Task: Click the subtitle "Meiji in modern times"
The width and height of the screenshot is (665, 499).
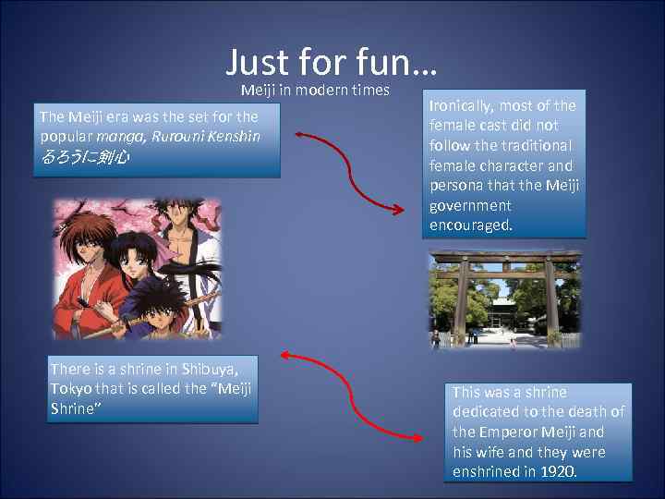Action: pyautogui.click(x=315, y=90)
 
